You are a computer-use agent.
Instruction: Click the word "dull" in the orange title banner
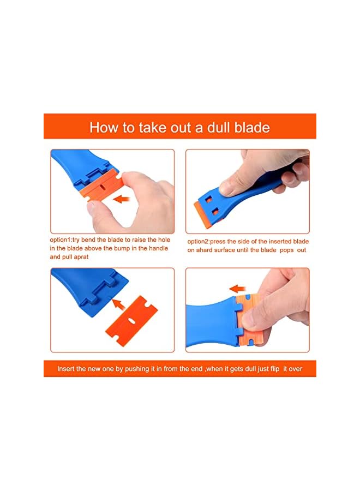(x=219, y=128)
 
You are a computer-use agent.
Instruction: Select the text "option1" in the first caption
(x=61, y=240)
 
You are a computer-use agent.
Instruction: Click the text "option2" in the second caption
(x=199, y=242)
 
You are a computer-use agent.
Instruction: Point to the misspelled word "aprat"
(x=81, y=257)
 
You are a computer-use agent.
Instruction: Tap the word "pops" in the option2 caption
(x=287, y=250)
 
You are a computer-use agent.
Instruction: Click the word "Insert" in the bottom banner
(x=66, y=369)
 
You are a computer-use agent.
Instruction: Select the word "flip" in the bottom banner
(x=274, y=369)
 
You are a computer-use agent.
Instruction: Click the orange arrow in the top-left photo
(x=122, y=198)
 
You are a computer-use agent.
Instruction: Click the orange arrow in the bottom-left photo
(x=119, y=304)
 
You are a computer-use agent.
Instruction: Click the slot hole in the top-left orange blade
(x=103, y=188)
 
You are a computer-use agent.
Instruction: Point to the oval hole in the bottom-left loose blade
(x=133, y=321)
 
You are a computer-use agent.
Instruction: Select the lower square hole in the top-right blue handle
(x=215, y=213)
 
